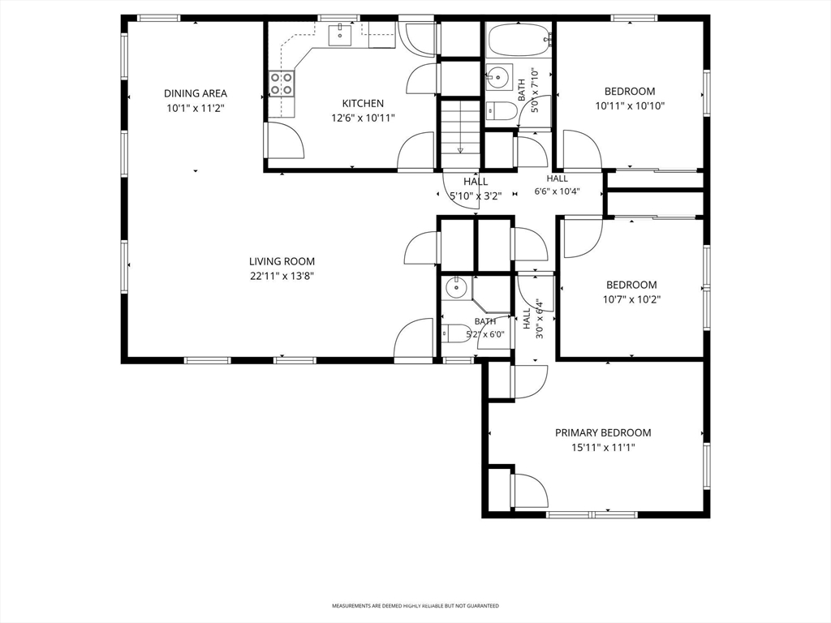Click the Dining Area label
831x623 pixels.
pyautogui.click(x=195, y=93)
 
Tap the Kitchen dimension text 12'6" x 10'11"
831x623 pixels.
pyautogui.click(x=363, y=118)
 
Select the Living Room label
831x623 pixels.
pyautogui.click(x=282, y=261)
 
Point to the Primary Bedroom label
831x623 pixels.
pyautogui.click(x=603, y=433)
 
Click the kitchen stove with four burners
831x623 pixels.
pyautogui.click(x=282, y=84)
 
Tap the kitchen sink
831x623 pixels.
pyautogui.click(x=340, y=35)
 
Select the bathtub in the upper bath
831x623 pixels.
pyautogui.click(x=519, y=40)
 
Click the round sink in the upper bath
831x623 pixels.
pyautogui.click(x=499, y=77)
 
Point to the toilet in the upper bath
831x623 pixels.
pyautogui.click(x=501, y=110)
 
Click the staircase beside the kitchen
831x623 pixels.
pyautogui.click(x=460, y=127)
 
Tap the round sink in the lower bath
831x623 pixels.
pyautogui.click(x=455, y=288)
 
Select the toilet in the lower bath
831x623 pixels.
pyautogui.click(x=456, y=333)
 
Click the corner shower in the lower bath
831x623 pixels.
pyautogui.click(x=493, y=295)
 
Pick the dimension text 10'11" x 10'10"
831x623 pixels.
pyautogui.click(x=630, y=106)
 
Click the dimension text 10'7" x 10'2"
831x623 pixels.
pyautogui.click(x=631, y=299)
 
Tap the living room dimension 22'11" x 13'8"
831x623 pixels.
pyautogui.click(x=282, y=276)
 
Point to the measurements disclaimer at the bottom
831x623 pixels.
pyautogui.click(x=415, y=605)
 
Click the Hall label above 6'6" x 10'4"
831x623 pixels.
pyautogui.click(x=557, y=178)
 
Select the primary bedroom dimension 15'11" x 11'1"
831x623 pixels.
pyautogui.click(x=603, y=448)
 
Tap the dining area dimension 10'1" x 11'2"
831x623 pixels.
pyautogui.click(x=195, y=108)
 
